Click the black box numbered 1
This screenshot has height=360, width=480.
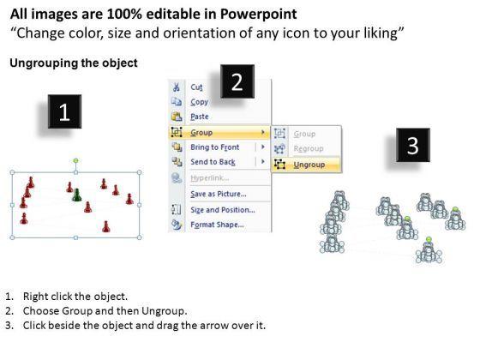pyautogui.click(x=64, y=111)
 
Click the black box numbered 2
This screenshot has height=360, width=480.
pyautogui.click(x=237, y=81)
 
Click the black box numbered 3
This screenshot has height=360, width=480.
pyautogui.click(x=413, y=145)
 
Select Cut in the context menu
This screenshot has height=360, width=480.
pyautogui.click(x=196, y=87)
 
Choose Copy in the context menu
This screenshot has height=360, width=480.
pyautogui.click(x=199, y=102)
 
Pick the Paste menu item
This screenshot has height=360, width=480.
pyautogui.click(x=200, y=117)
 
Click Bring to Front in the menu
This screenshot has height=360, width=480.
pyautogui.click(x=215, y=147)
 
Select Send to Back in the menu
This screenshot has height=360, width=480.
pyautogui.click(x=213, y=162)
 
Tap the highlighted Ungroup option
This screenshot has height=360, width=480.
pyautogui.click(x=309, y=165)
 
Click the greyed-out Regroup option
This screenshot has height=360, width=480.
pyautogui.click(x=309, y=148)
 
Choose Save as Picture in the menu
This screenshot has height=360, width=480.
pyautogui.click(x=219, y=194)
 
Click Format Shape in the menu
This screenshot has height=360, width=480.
pyautogui.click(x=217, y=225)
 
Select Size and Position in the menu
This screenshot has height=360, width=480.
pyautogui.click(x=223, y=210)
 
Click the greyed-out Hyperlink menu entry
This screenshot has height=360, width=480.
pyautogui.click(x=210, y=178)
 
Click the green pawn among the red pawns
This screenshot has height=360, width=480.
pyautogui.click(x=76, y=195)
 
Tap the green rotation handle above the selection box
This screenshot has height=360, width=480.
pyautogui.click(x=76, y=161)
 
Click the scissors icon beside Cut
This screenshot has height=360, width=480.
pyautogui.click(x=177, y=87)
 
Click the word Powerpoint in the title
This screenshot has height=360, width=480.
pyautogui.click(x=258, y=14)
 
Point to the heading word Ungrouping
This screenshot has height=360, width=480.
pyautogui.click(x=43, y=63)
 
